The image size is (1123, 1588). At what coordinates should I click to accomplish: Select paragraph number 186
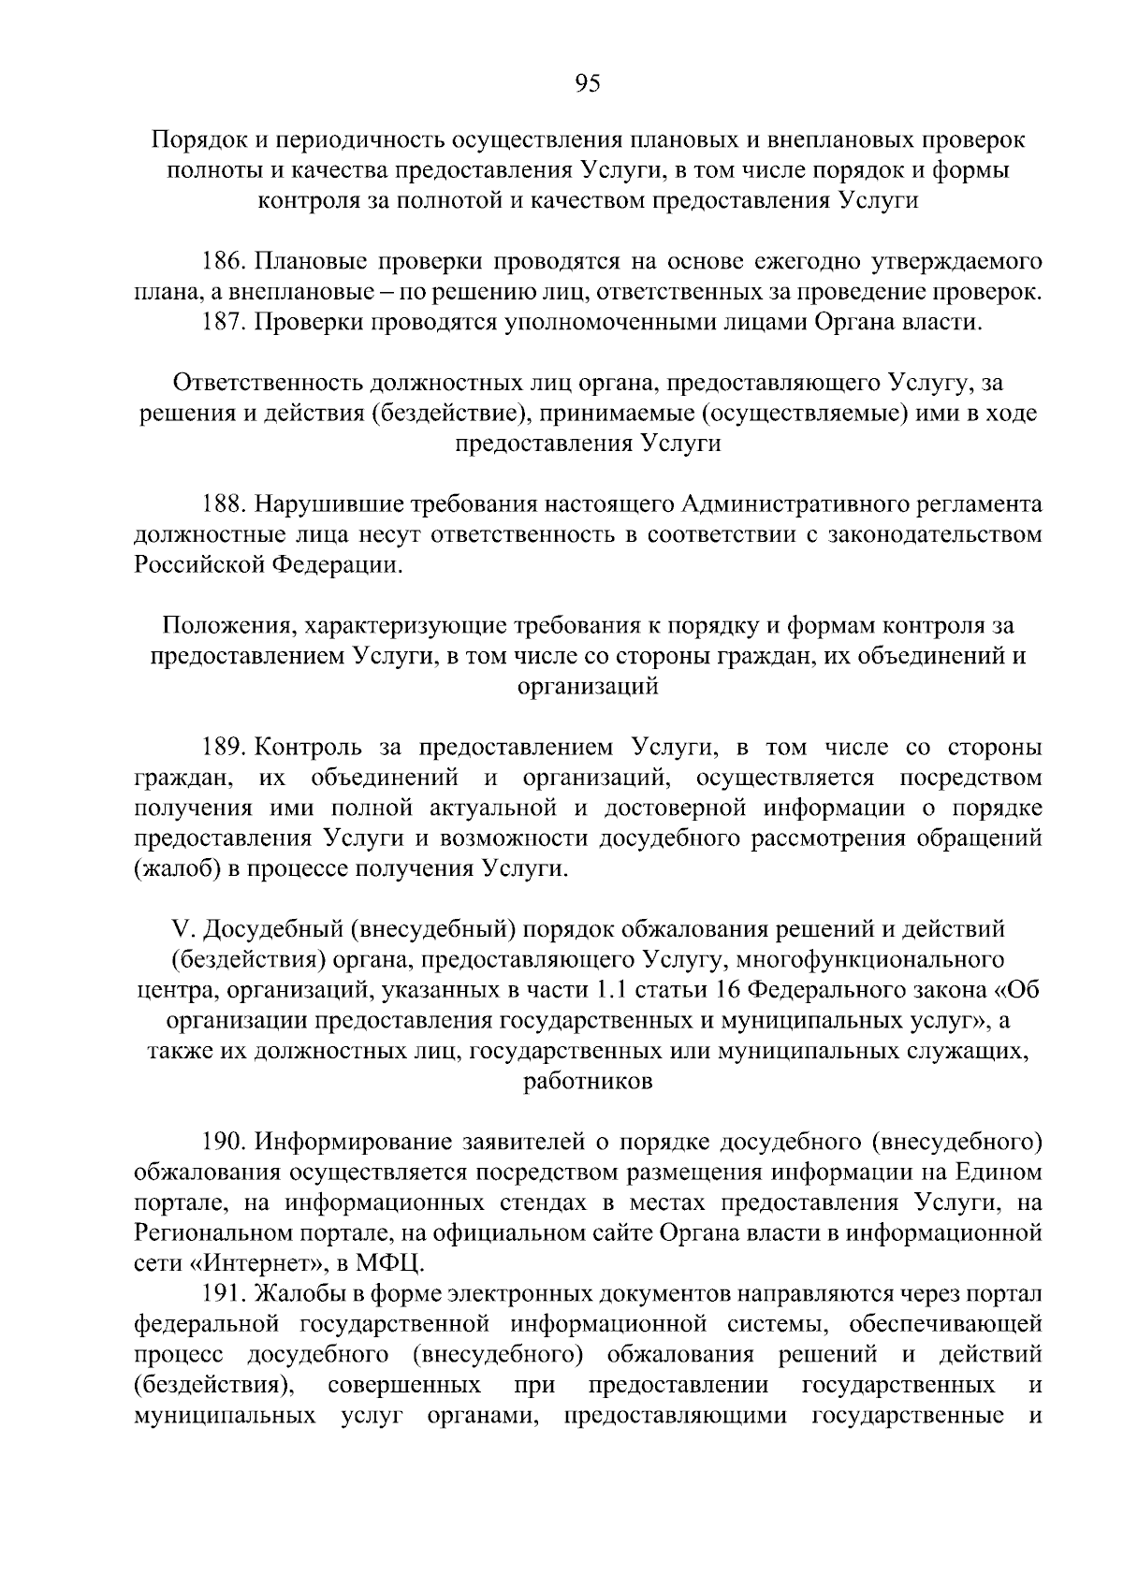225,261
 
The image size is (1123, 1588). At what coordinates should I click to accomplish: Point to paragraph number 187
225,323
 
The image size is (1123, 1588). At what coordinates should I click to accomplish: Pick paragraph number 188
225,504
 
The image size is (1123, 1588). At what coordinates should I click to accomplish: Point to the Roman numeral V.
181,929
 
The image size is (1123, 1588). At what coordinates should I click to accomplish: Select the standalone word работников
588,1082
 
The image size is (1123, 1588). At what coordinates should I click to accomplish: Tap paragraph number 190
225,1143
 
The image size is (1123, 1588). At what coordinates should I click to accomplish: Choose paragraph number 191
225,1295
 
